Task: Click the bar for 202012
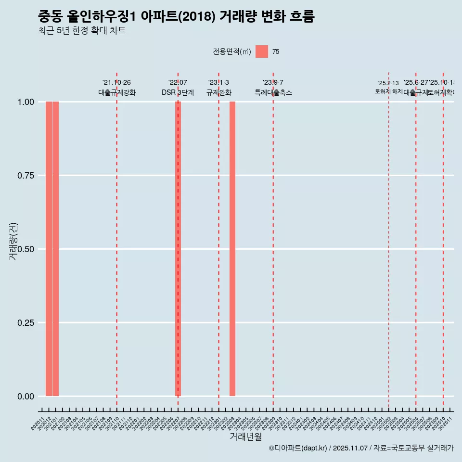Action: pos(49,249)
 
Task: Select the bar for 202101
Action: pos(56,249)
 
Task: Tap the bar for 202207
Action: pos(178,249)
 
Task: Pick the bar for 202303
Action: pos(232,249)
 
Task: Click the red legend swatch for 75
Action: pos(262,51)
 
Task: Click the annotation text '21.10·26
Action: pos(116,83)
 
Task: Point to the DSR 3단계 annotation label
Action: pos(178,92)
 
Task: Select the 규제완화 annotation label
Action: pos(219,92)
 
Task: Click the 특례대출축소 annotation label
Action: pos(273,92)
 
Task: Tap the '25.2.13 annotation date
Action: pos(388,83)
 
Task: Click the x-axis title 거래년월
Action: pos(246,437)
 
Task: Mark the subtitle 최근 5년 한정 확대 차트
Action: pos(82,31)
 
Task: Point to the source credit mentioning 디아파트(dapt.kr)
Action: pos(361,449)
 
